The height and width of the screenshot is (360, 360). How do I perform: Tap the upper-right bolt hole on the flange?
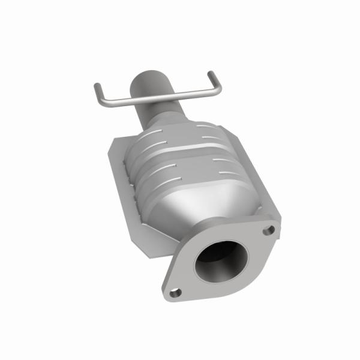270,229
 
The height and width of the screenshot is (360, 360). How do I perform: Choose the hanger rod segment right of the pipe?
192,92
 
